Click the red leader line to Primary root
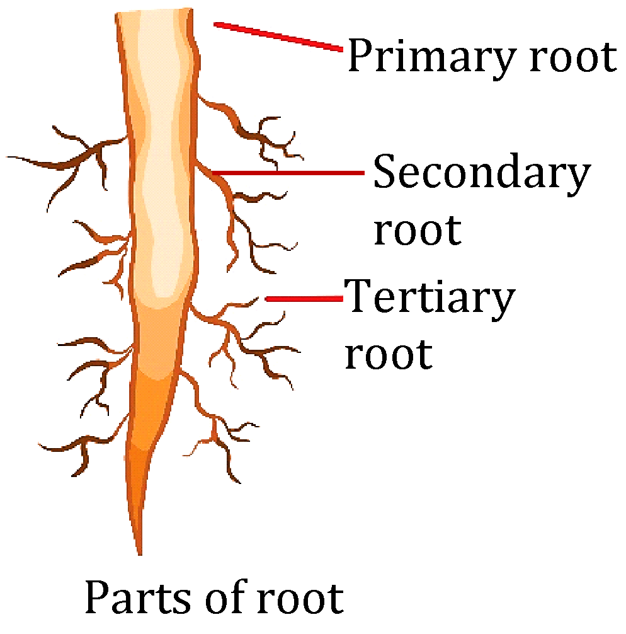pos(277,35)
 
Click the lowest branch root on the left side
pos(82,447)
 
